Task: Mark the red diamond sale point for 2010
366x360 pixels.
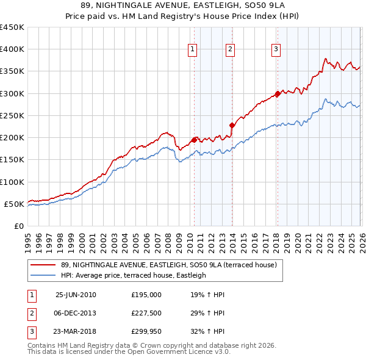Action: point(194,140)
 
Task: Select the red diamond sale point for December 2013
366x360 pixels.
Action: point(232,125)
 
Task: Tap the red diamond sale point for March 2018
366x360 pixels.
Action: point(278,93)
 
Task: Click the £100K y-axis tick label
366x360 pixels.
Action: point(12,182)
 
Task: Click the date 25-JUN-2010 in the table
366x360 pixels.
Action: point(76,295)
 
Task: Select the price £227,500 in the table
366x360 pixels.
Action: point(146,313)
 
